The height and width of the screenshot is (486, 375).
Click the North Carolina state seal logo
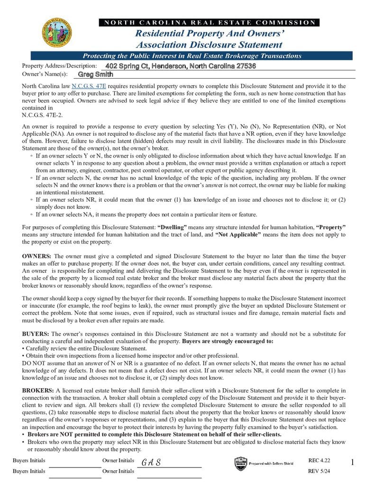coord(57,33)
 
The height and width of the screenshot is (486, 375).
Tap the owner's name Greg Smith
coord(95,75)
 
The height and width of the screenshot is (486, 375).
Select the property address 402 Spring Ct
coord(181,66)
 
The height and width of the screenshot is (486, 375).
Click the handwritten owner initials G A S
coord(151,463)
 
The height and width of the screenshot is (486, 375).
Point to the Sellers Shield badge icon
coord(240,464)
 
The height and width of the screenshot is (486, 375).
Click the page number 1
coord(352,462)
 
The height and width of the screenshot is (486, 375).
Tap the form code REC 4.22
coord(319,460)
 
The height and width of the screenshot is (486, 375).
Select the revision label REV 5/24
coord(319,471)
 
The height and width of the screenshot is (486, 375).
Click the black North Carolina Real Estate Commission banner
coord(209,22)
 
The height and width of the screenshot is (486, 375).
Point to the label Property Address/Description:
coord(59,66)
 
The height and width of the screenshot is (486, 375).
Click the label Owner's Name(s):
coord(45,75)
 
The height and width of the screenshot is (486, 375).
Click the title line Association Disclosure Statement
coord(209,45)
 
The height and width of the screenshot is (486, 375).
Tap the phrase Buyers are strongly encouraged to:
coord(228,341)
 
